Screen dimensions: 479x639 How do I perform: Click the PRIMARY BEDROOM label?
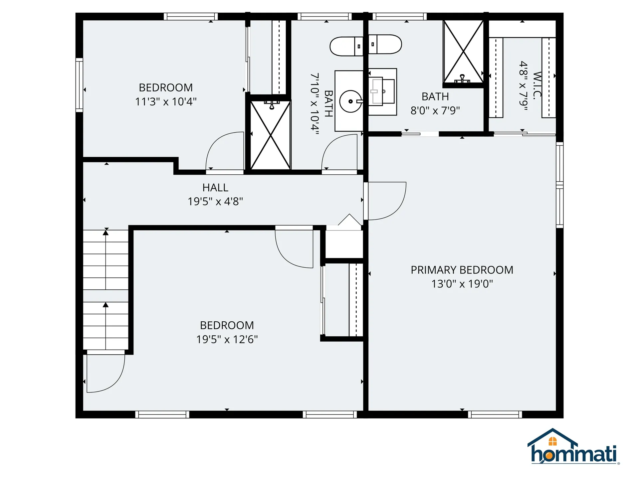pyautogui.click(x=462, y=270)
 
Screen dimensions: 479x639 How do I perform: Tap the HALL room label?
pyautogui.click(x=215, y=188)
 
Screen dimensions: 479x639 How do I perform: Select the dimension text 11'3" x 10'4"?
pyautogui.click(x=166, y=101)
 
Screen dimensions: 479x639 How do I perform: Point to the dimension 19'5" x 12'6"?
pyautogui.click(x=227, y=339)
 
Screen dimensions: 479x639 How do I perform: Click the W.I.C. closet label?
pyautogui.click(x=537, y=85)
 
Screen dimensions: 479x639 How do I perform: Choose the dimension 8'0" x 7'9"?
pyautogui.click(x=435, y=110)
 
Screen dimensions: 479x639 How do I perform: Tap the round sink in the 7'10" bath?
pyautogui.click(x=350, y=101)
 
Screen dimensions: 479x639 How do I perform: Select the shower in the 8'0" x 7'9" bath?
pyautogui.click(x=463, y=52)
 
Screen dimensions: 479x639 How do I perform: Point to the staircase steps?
pyautogui.click(x=106, y=289)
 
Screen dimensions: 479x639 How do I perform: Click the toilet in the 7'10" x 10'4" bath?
pyautogui.click(x=346, y=46)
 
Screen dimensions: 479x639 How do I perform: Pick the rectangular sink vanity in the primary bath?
pyautogui.click(x=383, y=92)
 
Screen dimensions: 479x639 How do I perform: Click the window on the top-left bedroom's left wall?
pyautogui.click(x=79, y=85)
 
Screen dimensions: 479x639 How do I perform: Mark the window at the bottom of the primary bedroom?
pyautogui.click(x=495, y=414)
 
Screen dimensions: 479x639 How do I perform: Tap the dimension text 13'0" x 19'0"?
pyautogui.click(x=462, y=284)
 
